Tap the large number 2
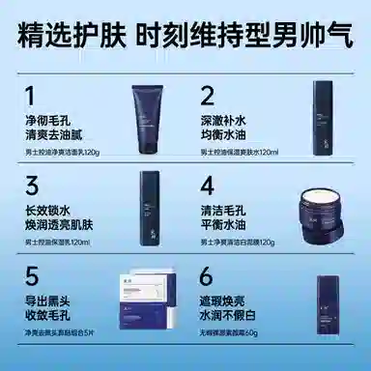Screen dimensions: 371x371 point(207,96)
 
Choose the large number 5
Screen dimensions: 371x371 point(31,276)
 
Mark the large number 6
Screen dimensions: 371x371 point(208,276)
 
